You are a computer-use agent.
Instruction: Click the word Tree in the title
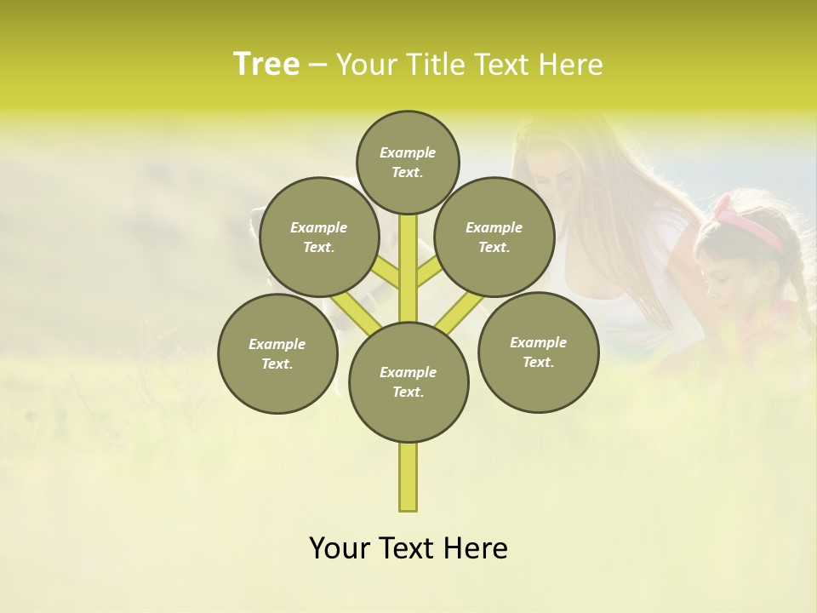tap(266, 65)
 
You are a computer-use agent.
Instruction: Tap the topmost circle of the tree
tap(408, 162)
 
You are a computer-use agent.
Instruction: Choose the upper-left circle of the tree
tap(319, 237)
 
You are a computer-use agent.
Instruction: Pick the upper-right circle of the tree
tap(494, 237)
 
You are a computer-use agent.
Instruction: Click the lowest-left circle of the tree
tap(277, 353)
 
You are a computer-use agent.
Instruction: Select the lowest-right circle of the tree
tap(538, 352)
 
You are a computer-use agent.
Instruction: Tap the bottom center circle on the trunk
tap(408, 381)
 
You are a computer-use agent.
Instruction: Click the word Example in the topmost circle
tap(408, 152)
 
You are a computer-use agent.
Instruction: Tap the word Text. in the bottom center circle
tap(408, 392)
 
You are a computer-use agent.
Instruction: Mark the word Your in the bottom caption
tap(339, 548)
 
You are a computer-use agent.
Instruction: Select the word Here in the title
tap(570, 65)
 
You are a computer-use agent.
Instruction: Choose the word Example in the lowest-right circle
tap(538, 342)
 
